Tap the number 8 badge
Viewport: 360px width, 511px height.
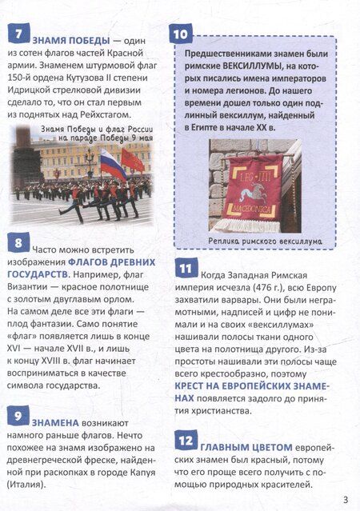click(x=17, y=245)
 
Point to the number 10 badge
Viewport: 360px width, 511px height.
click(x=182, y=34)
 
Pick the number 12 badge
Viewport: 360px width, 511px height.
click(x=186, y=441)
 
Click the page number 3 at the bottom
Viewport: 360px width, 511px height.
click(x=345, y=500)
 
